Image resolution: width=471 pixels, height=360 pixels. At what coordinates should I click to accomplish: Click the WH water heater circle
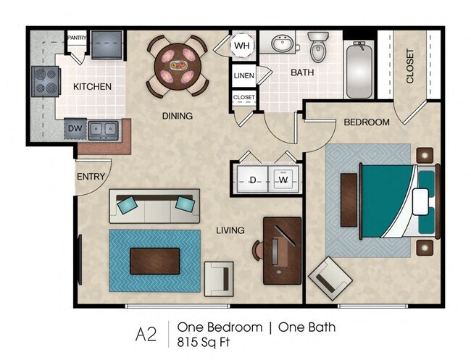point(241,46)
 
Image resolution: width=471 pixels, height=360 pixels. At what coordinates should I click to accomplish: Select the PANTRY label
point(77,37)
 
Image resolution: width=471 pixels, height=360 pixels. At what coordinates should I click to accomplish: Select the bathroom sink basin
point(283,45)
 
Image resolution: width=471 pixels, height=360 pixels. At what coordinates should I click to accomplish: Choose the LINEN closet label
point(243,75)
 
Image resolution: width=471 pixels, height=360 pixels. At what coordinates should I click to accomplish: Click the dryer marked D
point(254,179)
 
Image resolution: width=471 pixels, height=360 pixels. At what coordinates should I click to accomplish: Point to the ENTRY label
point(91,176)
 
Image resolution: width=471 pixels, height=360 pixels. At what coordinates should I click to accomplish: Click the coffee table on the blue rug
point(155,260)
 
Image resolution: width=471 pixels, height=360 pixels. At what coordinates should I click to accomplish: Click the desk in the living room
point(283,251)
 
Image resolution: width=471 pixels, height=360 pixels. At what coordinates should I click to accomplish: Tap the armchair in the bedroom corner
point(330,278)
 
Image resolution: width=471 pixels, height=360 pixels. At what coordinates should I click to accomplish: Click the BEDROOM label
point(366,122)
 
